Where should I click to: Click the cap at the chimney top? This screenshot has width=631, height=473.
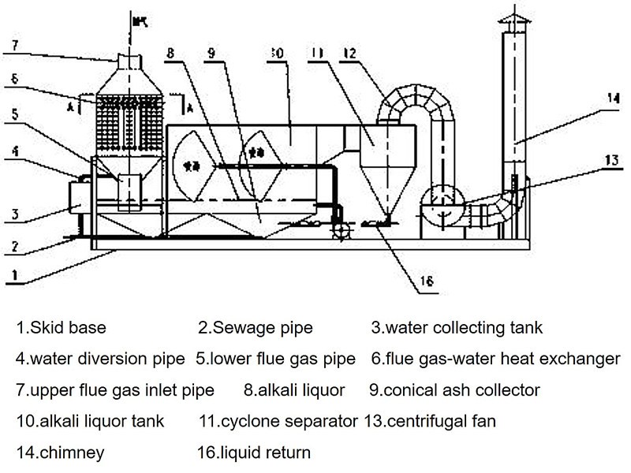(513, 22)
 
